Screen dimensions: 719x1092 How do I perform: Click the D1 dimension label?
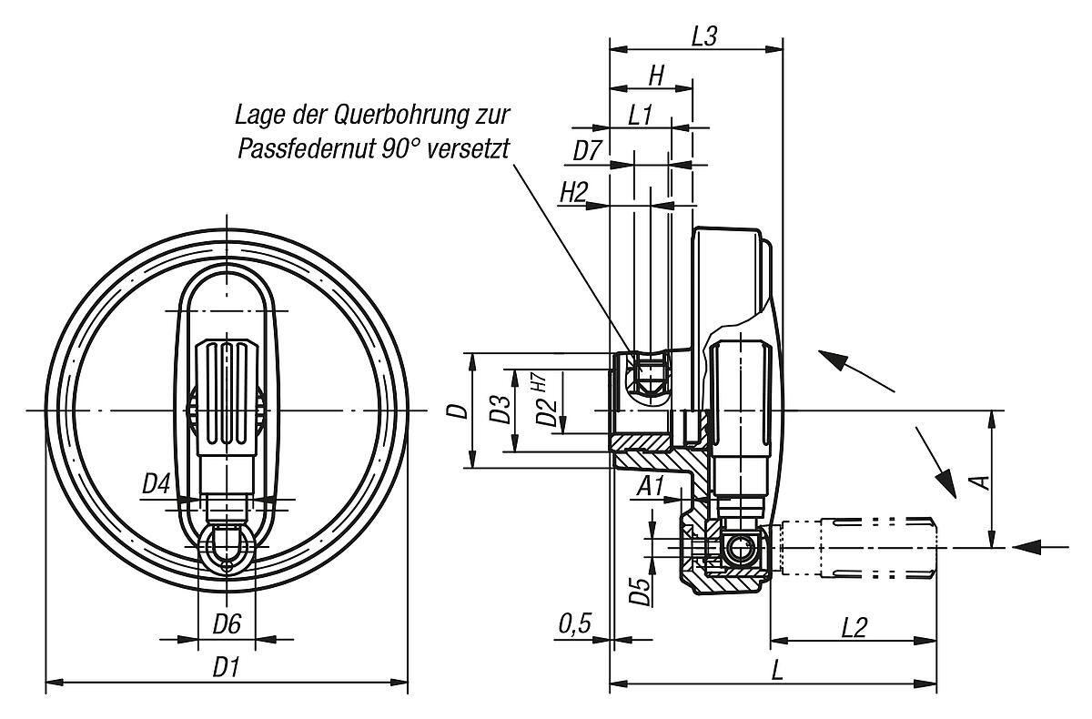pos(226,667)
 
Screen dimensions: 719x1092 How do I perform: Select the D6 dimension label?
pos(226,625)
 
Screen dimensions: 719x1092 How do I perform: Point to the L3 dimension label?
pos(705,36)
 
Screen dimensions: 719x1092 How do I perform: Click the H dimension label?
pos(654,76)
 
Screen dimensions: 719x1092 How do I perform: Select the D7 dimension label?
pos(588,151)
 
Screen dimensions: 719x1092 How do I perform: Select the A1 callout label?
pos(651,485)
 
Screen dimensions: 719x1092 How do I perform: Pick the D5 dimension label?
pos(640,592)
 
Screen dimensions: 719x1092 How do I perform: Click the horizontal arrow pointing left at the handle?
pos(1039,546)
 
